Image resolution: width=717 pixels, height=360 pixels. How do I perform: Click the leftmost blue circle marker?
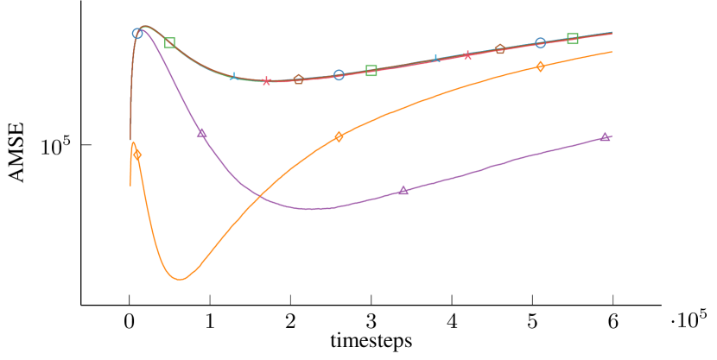pos(137,34)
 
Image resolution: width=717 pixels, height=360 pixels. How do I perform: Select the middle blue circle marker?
pos(339,75)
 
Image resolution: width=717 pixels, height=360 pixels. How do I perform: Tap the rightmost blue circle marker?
pos(540,43)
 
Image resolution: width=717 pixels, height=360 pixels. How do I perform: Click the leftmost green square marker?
pos(170,43)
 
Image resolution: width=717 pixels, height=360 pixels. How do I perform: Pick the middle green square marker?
pos(371,71)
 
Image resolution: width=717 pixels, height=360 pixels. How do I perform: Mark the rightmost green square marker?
pos(573,38)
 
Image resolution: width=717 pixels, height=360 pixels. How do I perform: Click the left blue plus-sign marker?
pos(233,77)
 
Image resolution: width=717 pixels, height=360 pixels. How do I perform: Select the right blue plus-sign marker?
pos(436,59)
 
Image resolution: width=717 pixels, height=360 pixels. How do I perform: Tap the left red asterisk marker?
pos(266,81)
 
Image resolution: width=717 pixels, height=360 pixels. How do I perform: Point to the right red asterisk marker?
pos(467,54)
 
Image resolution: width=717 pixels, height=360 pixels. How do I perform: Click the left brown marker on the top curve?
pos(298,79)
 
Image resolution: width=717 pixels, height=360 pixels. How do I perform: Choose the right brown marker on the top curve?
pos(499,49)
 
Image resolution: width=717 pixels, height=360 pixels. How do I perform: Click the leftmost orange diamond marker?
pos(137,155)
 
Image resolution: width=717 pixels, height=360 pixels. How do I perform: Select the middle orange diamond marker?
pos(339,136)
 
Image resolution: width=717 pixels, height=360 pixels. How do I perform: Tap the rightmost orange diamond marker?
pos(540,66)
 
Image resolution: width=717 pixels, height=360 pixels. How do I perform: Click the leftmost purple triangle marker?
pos(201,133)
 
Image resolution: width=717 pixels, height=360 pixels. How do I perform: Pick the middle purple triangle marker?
pos(403,190)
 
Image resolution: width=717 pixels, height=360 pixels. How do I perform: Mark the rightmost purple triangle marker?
pos(605,136)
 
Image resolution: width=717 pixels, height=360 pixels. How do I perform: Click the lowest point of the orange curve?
pos(180,279)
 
